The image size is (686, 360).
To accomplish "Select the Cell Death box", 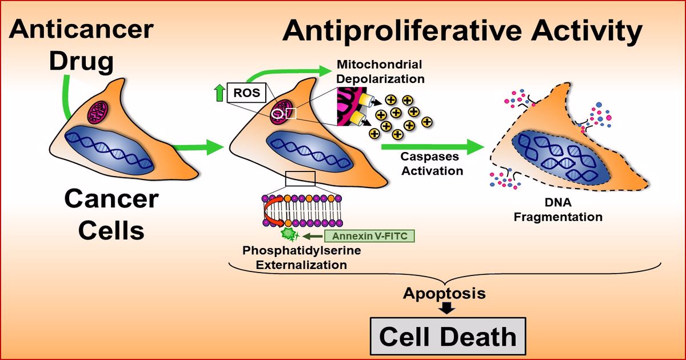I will [x=447, y=337].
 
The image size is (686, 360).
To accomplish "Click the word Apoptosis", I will [x=444, y=294].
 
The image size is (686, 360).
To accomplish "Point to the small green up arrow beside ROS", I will [x=218, y=92].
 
